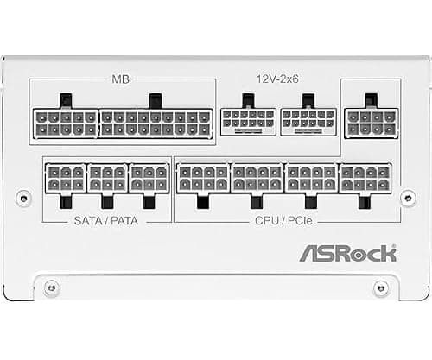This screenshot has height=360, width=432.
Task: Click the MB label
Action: point(120,79)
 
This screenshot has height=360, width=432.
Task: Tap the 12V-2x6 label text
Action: point(277,79)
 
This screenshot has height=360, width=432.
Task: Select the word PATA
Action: point(124,221)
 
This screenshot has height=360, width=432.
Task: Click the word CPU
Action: point(266,221)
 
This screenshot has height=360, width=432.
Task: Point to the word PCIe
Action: point(300,221)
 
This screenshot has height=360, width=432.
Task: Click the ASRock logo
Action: point(348,254)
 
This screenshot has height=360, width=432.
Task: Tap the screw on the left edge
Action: point(23,198)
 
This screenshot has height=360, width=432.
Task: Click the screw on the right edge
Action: point(408,198)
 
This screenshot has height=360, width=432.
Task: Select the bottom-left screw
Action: point(52,287)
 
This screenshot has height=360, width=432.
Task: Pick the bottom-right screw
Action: point(381,287)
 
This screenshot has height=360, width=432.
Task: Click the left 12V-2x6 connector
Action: point(248,122)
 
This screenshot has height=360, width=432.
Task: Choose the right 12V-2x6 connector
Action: point(308,122)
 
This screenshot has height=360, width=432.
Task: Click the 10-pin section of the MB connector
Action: point(66,123)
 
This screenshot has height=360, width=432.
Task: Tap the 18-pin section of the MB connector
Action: point(156,123)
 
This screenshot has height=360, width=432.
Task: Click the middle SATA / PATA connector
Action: point(107,179)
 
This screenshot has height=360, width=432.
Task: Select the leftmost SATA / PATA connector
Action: point(66,179)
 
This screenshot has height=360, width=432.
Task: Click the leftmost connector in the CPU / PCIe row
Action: point(203,179)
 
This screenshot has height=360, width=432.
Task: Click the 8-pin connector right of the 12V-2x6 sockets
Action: point(372,123)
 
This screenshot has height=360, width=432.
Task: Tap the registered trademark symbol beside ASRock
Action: point(394,247)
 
